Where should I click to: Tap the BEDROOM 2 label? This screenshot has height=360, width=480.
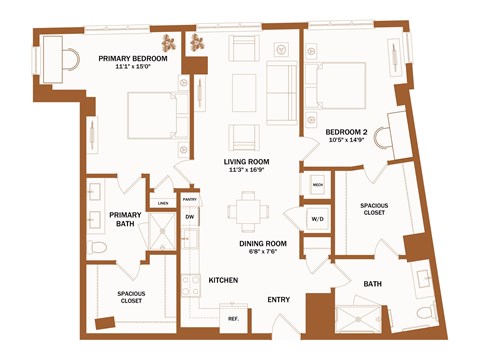(x=347, y=131)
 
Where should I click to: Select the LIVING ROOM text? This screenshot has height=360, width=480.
(x=247, y=161)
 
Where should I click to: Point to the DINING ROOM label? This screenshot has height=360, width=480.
(x=263, y=243)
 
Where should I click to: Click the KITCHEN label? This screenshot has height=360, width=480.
(x=222, y=280)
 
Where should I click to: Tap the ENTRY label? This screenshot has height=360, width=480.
(x=278, y=299)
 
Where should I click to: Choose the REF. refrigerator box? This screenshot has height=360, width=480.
(x=232, y=318)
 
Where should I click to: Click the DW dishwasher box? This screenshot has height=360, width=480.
(x=189, y=217)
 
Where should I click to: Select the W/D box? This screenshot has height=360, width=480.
(x=317, y=218)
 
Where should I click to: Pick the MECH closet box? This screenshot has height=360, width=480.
(x=317, y=185)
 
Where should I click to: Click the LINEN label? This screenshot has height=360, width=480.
(x=162, y=203)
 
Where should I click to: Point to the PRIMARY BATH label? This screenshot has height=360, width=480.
(x=125, y=219)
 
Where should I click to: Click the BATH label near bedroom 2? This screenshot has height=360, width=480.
(x=372, y=284)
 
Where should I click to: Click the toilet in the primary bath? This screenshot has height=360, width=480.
(x=98, y=247)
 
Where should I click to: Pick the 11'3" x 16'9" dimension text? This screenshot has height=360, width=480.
(x=247, y=170)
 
